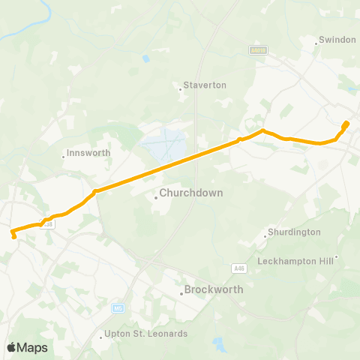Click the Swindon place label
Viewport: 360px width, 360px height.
337,39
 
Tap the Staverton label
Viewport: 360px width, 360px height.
205,85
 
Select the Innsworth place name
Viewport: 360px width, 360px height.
88,153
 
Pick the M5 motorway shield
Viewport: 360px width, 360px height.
118,307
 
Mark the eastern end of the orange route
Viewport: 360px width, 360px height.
346,123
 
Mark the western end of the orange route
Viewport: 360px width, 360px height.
14,237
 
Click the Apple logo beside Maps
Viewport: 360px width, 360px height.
11,347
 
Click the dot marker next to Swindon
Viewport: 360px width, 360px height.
316,43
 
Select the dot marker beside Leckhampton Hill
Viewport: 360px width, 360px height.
337,256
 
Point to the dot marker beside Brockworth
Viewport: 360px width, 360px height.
181,294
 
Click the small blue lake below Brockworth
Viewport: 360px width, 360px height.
218,344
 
